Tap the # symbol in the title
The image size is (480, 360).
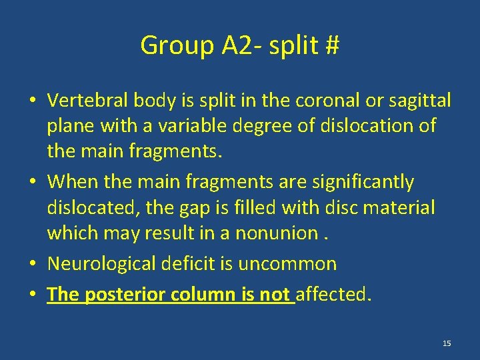(x=331, y=45)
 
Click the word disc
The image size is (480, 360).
(x=337, y=207)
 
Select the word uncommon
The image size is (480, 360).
(x=293, y=263)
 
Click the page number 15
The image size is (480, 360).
(x=447, y=343)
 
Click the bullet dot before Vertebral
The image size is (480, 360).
(x=32, y=101)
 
